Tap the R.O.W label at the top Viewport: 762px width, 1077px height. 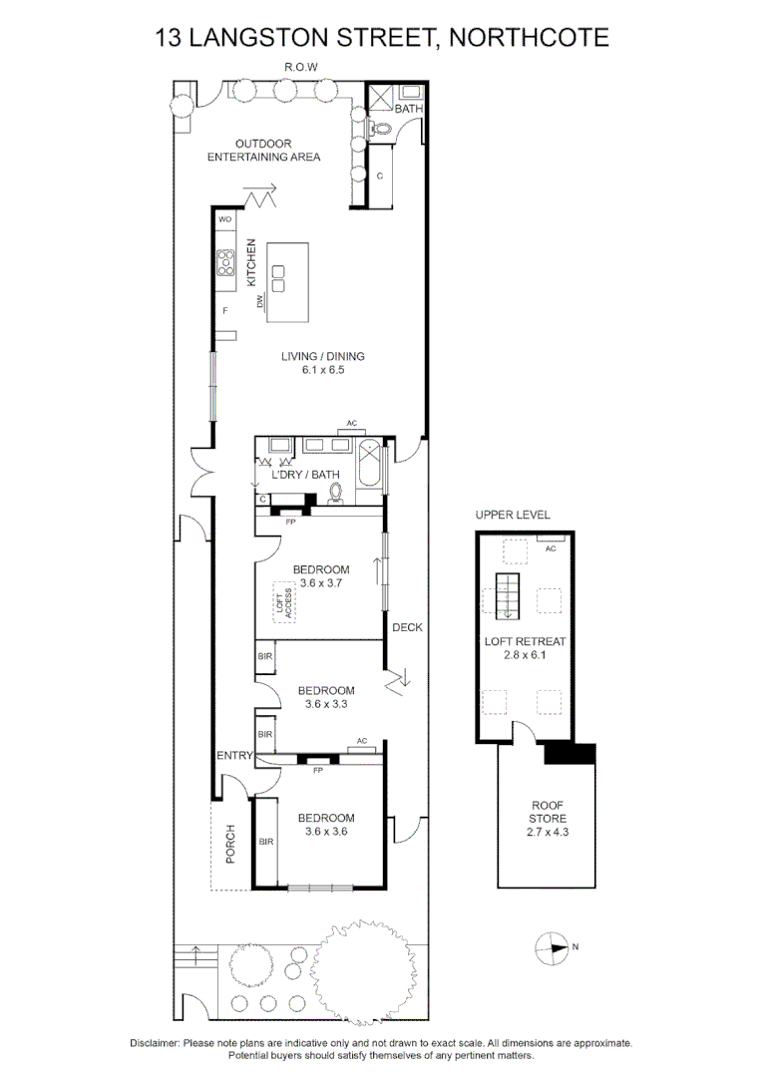coord(301,68)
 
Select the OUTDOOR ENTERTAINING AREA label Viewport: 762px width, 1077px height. coord(263,150)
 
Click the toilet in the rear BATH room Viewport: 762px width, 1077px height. coord(380,128)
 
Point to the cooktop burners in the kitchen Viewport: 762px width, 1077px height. coord(225,261)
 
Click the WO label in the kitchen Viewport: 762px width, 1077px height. coord(224,218)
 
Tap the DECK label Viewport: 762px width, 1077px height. coord(408,627)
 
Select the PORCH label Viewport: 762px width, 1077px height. coord(230,843)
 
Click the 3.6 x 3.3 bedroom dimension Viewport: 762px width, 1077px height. coord(326,704)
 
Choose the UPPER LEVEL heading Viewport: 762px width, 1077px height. coord(513,515)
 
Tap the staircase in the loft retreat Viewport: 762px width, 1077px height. coord(509,596)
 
